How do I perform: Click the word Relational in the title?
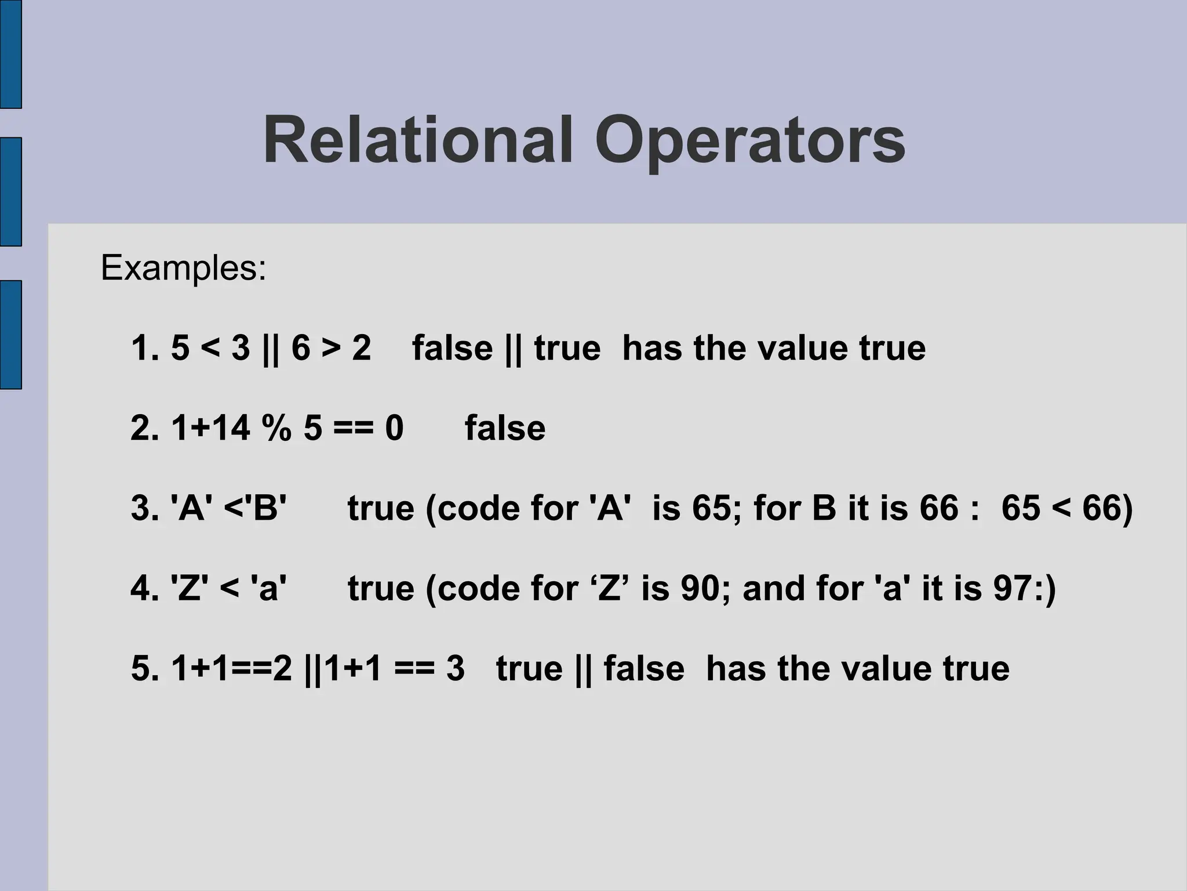point(418,141)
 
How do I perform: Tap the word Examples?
point(183,269)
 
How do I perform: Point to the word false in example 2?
point(505,428)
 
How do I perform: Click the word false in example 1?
point(452,348)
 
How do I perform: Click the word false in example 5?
point(644,668)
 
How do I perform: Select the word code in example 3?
point(482,508)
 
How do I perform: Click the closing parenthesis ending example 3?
point(1126,509)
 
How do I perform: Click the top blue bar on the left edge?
point(10,54)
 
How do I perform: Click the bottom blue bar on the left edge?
point(10,335)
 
